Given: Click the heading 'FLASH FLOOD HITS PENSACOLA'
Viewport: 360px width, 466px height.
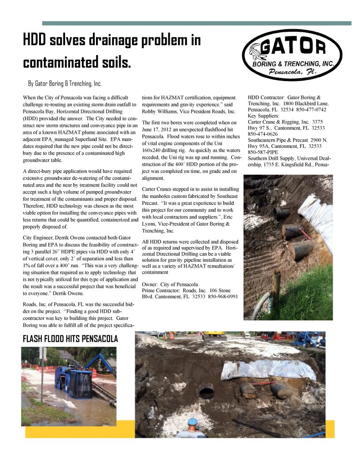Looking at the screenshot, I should (70, 339).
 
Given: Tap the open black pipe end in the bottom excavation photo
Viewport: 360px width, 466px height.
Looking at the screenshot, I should (206, 391).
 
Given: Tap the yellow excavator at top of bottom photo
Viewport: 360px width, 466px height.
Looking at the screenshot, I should (214, 335).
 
